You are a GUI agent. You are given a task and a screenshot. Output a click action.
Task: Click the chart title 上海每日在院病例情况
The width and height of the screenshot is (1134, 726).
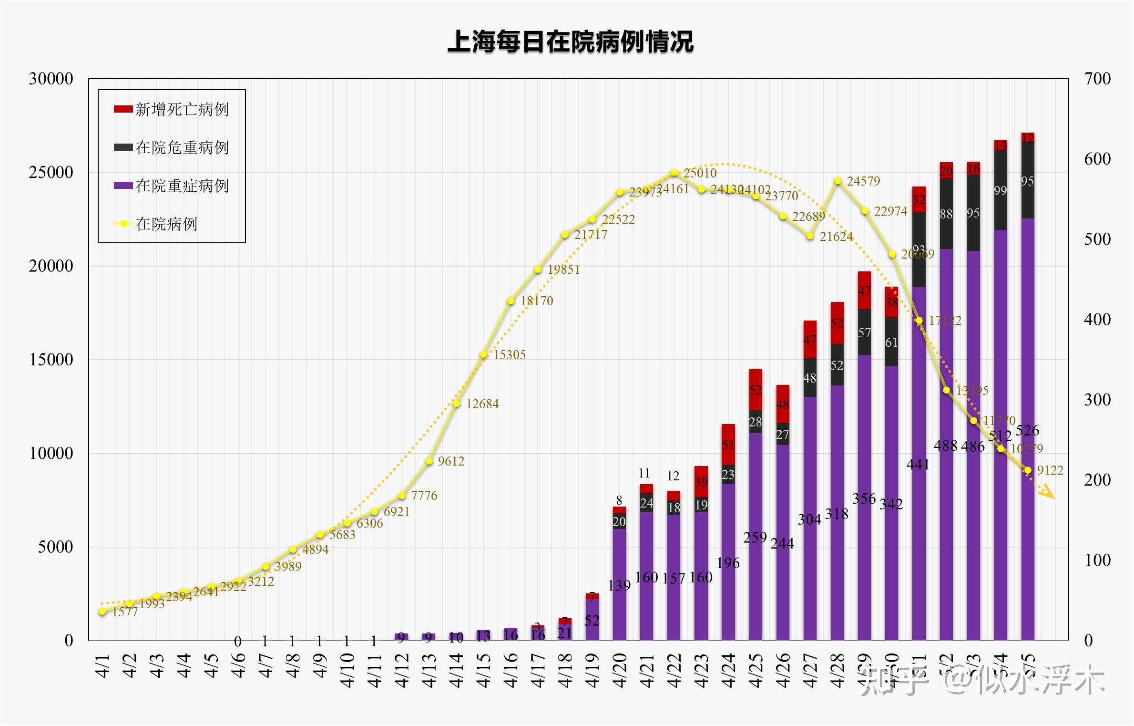[571, 41]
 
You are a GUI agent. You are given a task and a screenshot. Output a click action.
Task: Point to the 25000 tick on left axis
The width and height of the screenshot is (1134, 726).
[51, 173]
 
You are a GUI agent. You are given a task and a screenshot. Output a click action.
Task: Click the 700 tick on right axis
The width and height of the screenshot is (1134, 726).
[1098, 79]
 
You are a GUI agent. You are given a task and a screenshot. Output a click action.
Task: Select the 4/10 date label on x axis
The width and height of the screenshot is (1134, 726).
[347, 670]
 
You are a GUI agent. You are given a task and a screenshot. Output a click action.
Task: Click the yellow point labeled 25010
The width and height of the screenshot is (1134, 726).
[674, 173]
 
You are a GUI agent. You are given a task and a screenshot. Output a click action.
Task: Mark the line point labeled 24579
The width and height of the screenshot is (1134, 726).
[838, 181]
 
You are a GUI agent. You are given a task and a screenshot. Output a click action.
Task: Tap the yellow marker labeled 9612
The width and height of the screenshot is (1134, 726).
[429, 461]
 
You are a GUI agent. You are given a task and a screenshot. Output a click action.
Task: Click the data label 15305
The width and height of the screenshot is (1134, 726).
[509, 355]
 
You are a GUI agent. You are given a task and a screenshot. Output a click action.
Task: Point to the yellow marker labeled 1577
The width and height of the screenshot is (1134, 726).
[102, 611]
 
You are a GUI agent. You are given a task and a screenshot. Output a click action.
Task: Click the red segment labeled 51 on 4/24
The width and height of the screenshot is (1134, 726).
[728, 445]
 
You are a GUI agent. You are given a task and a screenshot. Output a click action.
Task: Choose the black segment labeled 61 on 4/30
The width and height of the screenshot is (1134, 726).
[891, 342]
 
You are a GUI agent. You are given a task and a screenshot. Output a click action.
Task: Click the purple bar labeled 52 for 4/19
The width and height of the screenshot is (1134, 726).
[592, 620]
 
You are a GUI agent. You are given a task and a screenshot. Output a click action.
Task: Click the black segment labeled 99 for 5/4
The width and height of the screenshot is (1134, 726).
[1001, 190]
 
